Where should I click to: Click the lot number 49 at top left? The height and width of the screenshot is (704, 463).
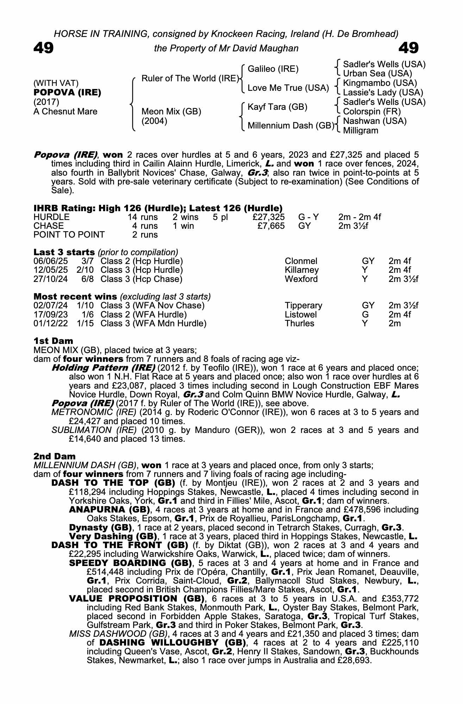pos(44,48)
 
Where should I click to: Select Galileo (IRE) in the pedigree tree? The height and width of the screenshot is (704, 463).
pos(273,69)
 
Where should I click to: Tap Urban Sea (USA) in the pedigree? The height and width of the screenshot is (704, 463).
pos(377,74)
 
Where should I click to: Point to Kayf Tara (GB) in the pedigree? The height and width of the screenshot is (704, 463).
pos(277,107)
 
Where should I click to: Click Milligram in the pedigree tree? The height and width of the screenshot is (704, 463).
pos(361,131)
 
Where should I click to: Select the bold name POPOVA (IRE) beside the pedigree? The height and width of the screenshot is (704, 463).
pos(67,93)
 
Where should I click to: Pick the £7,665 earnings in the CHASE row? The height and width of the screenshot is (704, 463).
pos(271,226)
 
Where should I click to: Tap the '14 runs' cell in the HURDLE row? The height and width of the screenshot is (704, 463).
pos(143,217)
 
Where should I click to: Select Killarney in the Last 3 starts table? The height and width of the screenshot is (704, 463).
pos(301,270)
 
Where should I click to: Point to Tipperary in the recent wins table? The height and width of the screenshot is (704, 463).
pos(303,306)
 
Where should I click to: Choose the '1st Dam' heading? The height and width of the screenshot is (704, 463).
pos(53,341)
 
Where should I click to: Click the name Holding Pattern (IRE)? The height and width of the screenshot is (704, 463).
pos(104,368)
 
